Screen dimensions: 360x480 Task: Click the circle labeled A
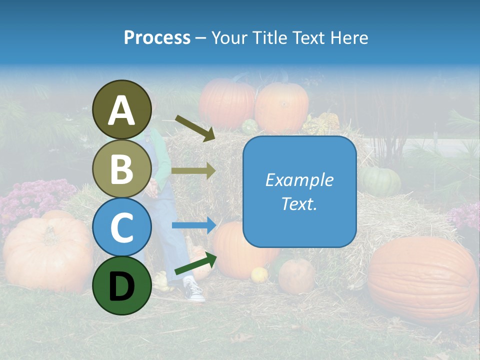tap(122, 109)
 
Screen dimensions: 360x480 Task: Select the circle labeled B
tap(122, 169)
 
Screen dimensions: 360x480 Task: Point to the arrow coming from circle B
tap(193, 170)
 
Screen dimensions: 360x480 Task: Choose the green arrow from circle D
tap(195, 263)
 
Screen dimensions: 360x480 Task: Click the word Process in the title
tap(157, 37)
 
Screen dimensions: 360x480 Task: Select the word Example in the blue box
tap(299, 180)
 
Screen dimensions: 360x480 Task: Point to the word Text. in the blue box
tap(299, 204)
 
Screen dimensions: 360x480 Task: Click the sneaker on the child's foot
tap(193, 290)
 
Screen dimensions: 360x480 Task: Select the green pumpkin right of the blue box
tap(381, 181)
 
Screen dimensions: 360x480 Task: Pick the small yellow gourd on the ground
tap(259, 274)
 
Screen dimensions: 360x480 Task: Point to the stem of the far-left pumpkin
tap(50, 233)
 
